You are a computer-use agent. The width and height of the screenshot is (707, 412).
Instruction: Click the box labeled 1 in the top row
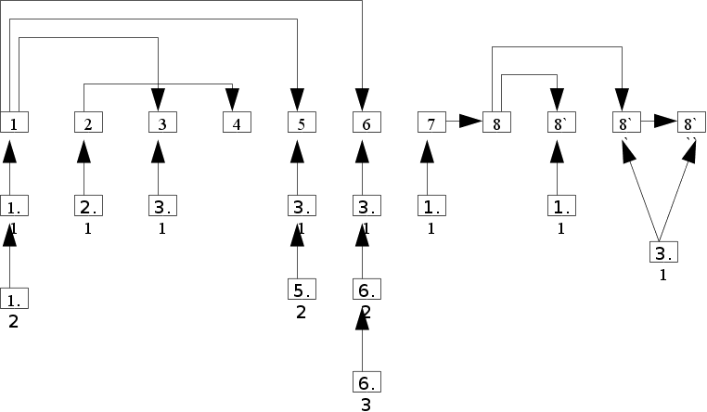click(13, 122)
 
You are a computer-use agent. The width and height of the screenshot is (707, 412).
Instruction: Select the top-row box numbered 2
click(87, 122)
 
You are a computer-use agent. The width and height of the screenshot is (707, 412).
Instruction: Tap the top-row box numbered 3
click(161, 122)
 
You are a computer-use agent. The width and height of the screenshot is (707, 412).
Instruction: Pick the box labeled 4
click(236, 122)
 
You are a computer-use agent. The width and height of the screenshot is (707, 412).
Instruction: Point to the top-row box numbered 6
click(366, 122)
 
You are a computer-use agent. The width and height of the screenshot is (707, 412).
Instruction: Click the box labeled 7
click(431, 122)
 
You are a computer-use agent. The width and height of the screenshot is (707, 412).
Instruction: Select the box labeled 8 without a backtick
click(495, 122)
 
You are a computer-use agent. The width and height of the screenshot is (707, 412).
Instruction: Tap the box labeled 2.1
click(87, 206)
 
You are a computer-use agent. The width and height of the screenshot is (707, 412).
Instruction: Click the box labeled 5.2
click(301, 289)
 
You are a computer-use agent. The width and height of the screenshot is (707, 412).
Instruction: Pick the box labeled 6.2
click(366, 289)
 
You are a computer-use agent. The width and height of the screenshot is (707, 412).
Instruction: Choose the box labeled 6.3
click(366, 381)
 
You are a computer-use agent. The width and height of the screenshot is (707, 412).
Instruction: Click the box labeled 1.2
click(13, 298)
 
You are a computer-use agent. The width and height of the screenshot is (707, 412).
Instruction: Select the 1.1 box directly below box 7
click(431, 206)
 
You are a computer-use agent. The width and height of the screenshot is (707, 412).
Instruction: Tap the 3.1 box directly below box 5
click(301, 206)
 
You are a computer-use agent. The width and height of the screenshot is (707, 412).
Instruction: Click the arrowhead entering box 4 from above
click(232, 98)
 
